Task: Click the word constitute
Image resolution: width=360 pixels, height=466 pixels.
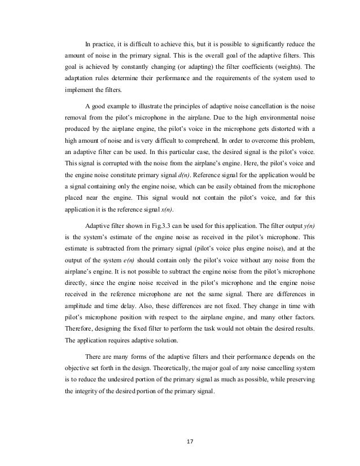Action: pyautogui.click(x=111, y=181)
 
